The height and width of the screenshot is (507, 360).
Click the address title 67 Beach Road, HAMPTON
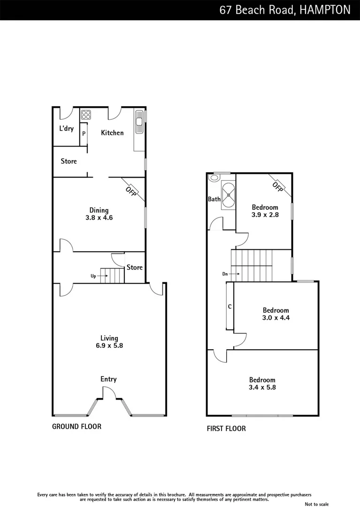point(284,10)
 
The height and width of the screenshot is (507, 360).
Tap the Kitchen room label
point(113,133)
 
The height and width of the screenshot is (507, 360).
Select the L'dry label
point(66,129)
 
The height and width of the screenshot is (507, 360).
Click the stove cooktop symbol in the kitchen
point(86,114)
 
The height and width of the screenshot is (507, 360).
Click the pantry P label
point(84,134)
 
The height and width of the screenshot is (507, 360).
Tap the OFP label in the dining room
point(131,191)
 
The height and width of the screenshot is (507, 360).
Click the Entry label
point(108,379)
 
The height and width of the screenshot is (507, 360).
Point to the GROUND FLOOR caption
point(77,426)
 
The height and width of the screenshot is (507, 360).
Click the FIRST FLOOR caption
point(226,428)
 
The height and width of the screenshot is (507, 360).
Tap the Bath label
point(214,199)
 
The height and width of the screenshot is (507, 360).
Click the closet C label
point(230,307)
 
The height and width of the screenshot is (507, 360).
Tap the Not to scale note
point(316,504)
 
